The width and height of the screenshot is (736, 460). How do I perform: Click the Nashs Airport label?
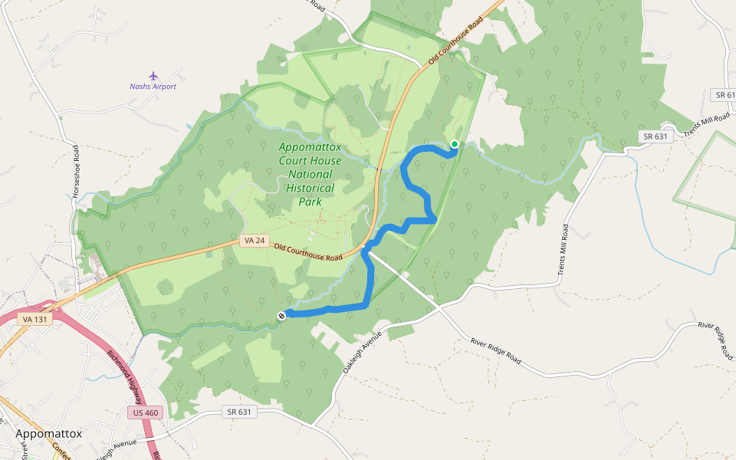(153, 87)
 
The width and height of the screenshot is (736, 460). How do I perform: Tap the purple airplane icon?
(153, 76)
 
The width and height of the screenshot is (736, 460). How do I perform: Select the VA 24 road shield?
(254, 241)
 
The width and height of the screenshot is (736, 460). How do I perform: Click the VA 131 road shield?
(36, 319)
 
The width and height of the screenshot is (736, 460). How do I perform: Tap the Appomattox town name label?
(48, 434)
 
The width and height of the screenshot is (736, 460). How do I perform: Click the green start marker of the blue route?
(454, 144)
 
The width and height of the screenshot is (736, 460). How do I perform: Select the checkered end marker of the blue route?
(282, 315)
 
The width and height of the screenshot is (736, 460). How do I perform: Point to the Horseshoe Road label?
(76, 172)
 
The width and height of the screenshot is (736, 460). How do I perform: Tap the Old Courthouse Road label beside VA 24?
(307, 252)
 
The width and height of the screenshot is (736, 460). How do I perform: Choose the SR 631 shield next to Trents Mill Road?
(655, 136)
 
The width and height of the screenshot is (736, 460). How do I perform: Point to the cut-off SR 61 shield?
(724, 95)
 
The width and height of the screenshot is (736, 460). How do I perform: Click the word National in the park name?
(310, 174)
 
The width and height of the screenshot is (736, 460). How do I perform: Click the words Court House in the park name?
(310, 160)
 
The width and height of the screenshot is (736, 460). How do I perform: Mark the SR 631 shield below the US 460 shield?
(239, 412)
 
